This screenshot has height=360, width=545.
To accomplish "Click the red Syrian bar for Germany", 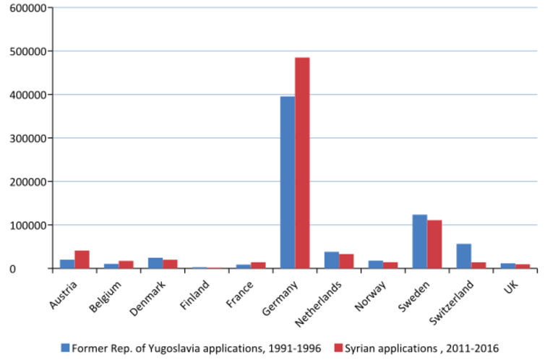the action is [x=302, y=163].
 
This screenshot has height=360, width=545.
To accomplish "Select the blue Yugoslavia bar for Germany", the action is [x=288, y=182].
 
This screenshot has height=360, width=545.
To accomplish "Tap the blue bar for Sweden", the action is [x=420, y=241].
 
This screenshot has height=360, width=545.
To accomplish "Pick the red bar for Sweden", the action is [x=434, y=244].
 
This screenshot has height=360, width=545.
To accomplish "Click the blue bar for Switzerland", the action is [x=464, y=256].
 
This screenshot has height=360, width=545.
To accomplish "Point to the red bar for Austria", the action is [x=82, y=260].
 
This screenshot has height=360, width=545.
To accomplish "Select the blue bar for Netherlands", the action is [x=332, y=260].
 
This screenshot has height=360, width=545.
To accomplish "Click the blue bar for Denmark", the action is [x=155, y=263].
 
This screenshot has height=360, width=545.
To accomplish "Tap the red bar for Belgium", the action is [x=126, y=265].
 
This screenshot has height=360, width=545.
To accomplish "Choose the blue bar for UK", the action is [x=508, y=266].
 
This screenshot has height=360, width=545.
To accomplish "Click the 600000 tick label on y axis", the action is [x=28, y=8].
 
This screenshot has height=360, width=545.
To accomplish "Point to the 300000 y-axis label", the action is [x=28, y=138].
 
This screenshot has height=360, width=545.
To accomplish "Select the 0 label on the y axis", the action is [x=12, y=269].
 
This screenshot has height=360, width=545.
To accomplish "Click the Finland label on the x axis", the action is [x=194, y=295].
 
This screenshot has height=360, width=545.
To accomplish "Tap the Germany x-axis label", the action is [x=280, y=298].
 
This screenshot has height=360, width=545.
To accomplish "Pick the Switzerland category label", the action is [x=451, y=302].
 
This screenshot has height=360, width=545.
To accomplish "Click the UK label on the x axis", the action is [x=511, y=287].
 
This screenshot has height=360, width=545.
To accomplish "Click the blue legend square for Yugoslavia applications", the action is [x=65, y=348].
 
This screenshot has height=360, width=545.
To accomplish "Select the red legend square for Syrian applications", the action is [x=338, y=348].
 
